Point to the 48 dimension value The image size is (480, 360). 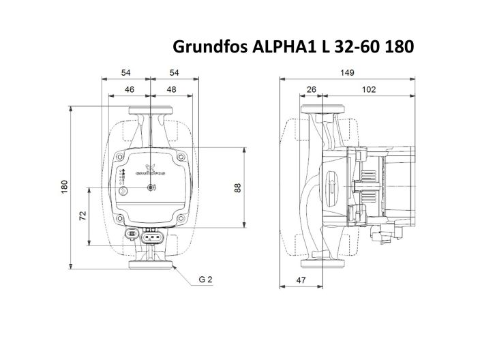coord(172,89)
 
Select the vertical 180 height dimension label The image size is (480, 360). coord(63,187)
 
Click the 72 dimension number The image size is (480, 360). coord(82,215)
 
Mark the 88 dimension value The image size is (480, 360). coord(239,187)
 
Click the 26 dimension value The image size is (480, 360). coord(312,89)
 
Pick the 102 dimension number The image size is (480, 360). coord(370,89)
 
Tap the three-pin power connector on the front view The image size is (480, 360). coord(153,238)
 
